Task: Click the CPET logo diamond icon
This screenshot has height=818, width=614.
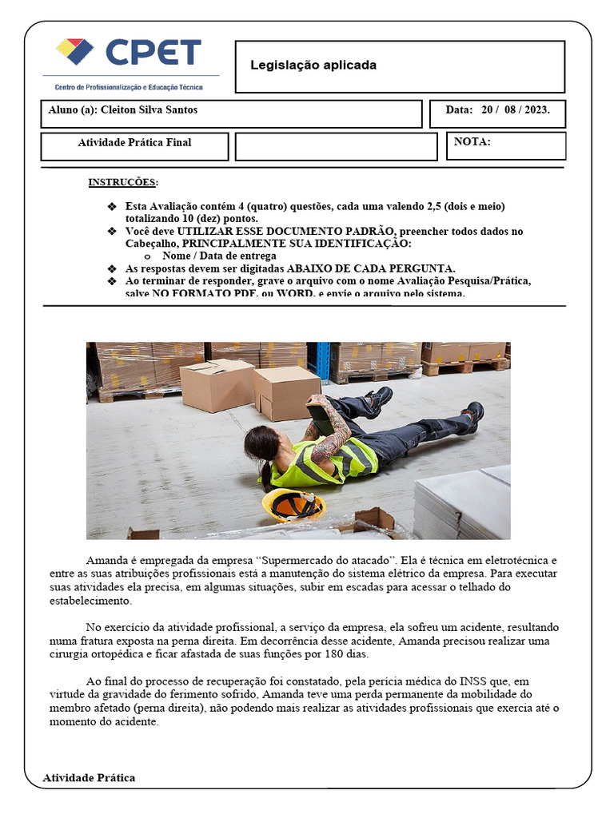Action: (x=74, y=52)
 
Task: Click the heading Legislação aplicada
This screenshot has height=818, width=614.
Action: (x=313, y=65)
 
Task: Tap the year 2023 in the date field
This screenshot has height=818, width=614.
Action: (x=533, y=110)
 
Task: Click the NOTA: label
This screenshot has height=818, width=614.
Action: (x=472, y=142)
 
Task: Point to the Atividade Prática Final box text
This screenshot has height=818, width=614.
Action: (x=134, y=143)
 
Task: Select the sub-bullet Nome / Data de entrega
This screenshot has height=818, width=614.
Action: (x=219, y=256)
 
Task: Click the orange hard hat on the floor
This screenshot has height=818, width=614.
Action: (x=293, y=505)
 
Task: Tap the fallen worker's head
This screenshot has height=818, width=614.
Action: (x=261, y=443)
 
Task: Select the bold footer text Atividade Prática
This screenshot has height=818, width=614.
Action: (x=89, y=777)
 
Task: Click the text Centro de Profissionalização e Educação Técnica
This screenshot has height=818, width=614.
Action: (x=128, y=87)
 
